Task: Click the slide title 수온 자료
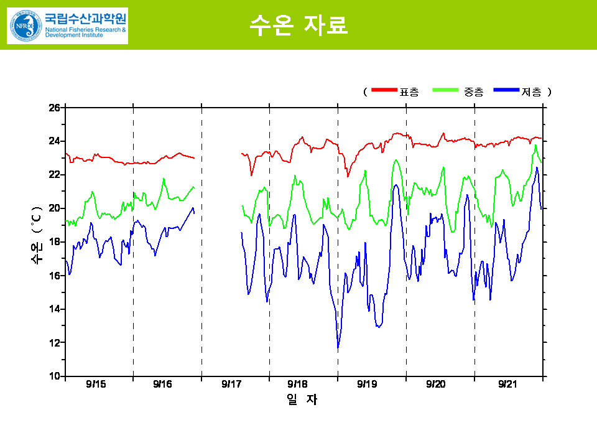pyautogui.click(x=298, y=24)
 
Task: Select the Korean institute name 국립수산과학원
pyautogui.click(x=85, y=18)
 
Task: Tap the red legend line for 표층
pyautogui.click(x=384, y=91)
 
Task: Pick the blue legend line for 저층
pyautogui.click(x=506, y=91)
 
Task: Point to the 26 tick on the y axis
pyautogui.click(x=55, y=108)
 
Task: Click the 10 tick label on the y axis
pyautogui.click(x=55, y=376)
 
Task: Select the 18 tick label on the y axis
pyautogui.click(x=55, y=242)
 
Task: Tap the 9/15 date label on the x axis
pyautogui.click(x=96, y=385)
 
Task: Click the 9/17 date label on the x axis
pyautogui.click(x=231, y=385)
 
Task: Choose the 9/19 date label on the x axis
pyautogui.click(x=367, y=385)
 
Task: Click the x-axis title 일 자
pyautogui.click(x=302, y=400)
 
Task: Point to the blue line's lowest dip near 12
pyautogui.click(x=338, y=347)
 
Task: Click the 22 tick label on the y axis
pyautogui.click(x=55, y=175)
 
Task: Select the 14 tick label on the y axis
pyautogui.click(x=55, y=309)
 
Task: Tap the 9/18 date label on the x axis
pyautogui.click(x=298, y=385)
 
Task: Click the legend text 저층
pyautogui.click(x=531, y=92)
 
